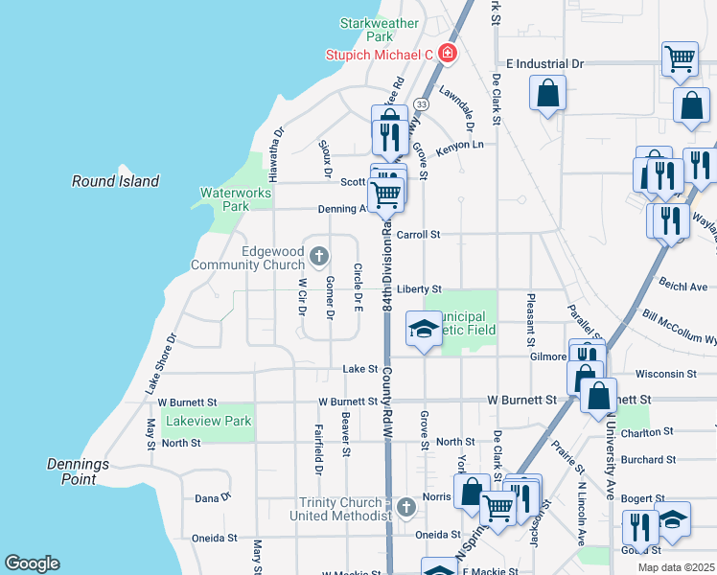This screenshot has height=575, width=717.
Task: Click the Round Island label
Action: pos(115,181)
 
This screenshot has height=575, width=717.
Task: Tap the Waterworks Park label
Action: pos(235,199)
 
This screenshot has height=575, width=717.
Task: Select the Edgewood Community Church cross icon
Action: pos(319,256)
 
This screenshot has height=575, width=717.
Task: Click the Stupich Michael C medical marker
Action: pos(447,54)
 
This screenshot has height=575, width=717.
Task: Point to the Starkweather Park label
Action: pos(379,30)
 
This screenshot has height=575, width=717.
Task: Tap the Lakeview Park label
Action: pos(208,421)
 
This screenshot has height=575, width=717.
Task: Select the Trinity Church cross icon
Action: pos(405,505)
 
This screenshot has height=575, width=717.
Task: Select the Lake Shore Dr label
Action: pos(161,364)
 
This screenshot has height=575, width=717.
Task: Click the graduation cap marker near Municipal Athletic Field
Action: pos(423,329)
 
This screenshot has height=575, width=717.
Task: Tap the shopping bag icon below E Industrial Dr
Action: pos(548,93)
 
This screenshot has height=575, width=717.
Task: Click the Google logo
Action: pos(32,563)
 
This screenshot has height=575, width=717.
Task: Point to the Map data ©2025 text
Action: pos(676,567)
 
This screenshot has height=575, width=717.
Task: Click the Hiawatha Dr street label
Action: pos(276,154)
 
